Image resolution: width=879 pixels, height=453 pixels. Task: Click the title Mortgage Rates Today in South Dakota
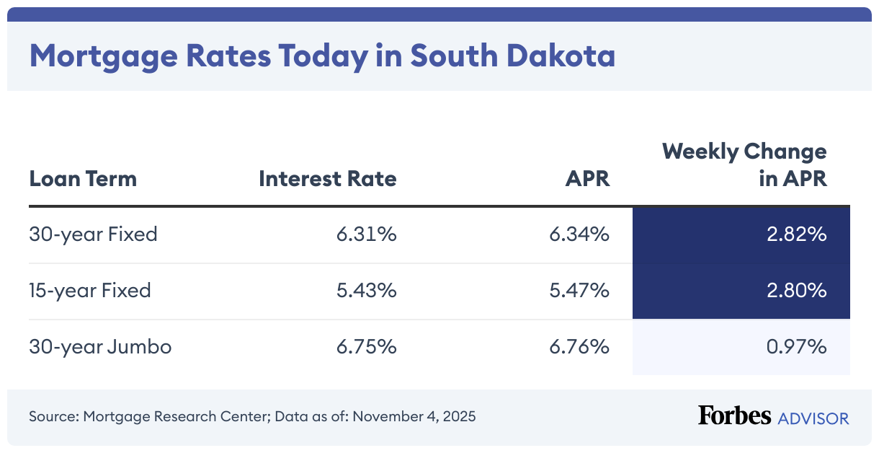point(322,56)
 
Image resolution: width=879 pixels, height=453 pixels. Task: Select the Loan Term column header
point(83,179)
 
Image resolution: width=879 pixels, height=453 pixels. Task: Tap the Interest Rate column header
point(328,179)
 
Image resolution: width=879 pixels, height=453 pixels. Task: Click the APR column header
point(587,179)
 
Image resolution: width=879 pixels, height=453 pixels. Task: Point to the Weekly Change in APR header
point(744,165)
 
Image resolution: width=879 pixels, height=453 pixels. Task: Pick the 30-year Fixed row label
point(93,234)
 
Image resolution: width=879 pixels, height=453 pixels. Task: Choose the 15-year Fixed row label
point(90,291)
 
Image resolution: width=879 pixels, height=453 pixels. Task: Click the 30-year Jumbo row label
point(100,347)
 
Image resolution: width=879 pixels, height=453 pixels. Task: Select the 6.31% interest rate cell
point(366,234)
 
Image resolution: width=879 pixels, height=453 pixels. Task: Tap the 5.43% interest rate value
point(366,291)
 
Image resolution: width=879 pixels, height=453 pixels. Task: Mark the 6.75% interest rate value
point(366,347)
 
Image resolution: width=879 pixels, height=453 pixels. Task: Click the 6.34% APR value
point(580,234)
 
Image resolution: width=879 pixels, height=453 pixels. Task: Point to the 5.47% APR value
point(580,291)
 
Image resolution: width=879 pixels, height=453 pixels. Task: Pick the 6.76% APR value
point(580,347)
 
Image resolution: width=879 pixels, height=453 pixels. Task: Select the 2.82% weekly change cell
point(796,234)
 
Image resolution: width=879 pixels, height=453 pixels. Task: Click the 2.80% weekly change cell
point(796,291)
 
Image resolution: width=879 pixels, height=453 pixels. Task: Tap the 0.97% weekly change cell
point(796,347)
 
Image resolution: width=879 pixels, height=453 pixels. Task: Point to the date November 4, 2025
point(414,417)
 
